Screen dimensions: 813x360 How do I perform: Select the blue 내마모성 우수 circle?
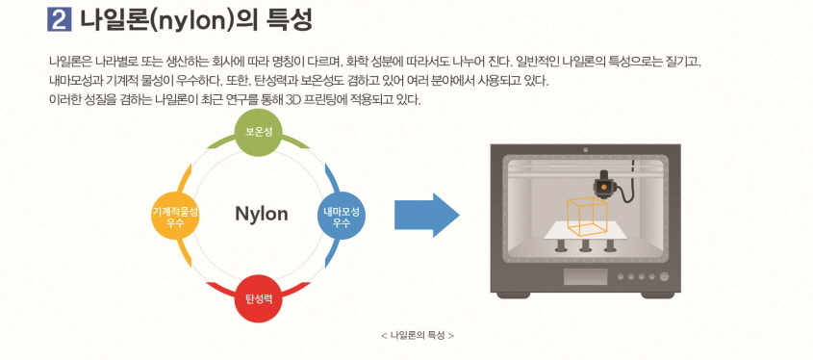342,216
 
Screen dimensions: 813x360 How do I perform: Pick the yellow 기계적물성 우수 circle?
176,216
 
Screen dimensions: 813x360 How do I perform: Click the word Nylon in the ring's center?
261,214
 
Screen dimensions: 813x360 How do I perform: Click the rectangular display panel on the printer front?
585,277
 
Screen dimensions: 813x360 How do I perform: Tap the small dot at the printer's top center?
586,150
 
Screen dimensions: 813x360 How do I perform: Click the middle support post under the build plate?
585,245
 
